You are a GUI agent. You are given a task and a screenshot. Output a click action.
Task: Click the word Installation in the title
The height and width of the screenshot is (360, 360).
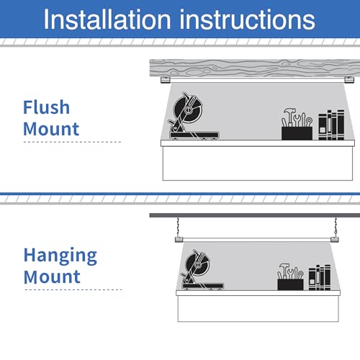coord(107,19)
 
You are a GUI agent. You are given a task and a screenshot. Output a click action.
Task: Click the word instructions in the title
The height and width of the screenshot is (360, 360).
coord(248,19)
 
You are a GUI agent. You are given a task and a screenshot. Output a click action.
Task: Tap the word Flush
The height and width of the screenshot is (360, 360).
coord(46,107)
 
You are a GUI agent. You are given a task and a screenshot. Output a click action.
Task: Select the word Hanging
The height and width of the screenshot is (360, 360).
coord(60,256)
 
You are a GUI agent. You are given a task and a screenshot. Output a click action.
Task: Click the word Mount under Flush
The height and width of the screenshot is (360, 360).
coord(51,129)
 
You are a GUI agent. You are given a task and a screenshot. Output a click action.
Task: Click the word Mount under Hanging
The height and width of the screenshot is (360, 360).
coord(52,276)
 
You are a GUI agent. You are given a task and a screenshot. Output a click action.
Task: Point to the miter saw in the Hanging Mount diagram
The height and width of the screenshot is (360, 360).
coord(202,270)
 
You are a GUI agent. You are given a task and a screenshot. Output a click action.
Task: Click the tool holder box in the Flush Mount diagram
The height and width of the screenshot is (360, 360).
coord(297,133)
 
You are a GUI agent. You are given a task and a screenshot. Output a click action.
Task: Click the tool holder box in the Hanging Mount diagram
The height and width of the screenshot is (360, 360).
coord(290,284)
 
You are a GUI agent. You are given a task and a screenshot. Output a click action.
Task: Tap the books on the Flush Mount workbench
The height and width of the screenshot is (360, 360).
coord(331,125)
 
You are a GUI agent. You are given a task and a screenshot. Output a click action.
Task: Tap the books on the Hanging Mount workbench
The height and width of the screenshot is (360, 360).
coord(320,277)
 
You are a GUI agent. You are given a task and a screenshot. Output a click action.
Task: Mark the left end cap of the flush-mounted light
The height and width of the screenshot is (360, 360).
coord(166,80)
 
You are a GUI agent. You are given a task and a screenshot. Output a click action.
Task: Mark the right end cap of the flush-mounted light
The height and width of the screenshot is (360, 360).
coord(349,80)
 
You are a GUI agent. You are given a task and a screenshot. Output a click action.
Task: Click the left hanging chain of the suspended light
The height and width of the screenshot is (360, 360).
coord(178,227)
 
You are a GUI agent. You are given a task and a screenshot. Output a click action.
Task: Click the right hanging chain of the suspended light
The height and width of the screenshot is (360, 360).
coord(336,227)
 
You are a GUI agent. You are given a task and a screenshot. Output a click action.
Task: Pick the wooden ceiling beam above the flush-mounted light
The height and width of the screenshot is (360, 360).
coord(255,68)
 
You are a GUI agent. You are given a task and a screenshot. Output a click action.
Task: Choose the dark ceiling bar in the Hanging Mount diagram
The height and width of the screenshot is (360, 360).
coord(255,215)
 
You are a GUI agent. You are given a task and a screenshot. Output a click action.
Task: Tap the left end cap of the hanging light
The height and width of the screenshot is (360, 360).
coord(179,239)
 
